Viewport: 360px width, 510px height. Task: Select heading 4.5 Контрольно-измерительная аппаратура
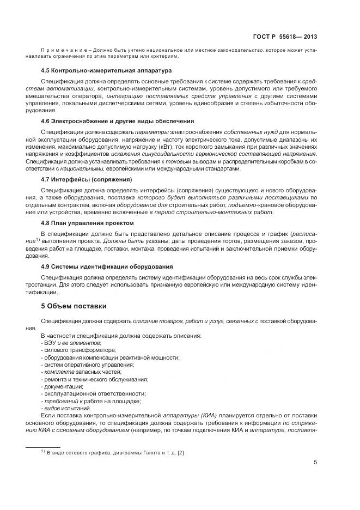[x=106, y=70]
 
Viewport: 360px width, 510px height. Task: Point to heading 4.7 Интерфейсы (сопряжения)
[x=87, y=178]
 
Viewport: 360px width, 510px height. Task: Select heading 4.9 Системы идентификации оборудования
[x=107, y=266]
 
